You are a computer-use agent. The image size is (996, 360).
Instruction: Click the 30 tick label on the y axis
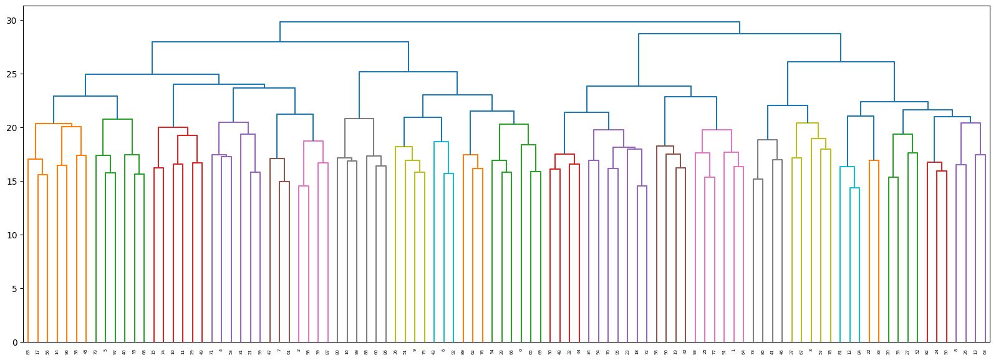(x=12, y=21)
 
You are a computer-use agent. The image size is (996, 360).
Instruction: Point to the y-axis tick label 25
(x=12, y=74)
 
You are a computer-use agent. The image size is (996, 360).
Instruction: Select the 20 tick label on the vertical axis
(x=12, y=128)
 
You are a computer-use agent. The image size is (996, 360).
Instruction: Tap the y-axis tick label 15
(x=12, y=182)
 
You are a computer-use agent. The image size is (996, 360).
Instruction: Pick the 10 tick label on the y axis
(x=12, y=235)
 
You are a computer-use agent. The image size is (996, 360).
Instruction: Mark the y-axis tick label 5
(x=14, y=289)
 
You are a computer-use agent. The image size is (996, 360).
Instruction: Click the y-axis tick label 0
(x=14, y=343)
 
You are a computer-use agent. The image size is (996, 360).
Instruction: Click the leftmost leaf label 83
(x=28, y=353)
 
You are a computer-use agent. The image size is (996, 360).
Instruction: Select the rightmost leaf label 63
(x=985, y=353)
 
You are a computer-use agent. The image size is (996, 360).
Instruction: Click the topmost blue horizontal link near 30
(x=510, y=22)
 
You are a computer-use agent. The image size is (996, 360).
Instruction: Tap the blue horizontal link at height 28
(x=280, y=42)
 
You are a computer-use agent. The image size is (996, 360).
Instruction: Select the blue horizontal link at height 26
(x=841, y=62)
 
